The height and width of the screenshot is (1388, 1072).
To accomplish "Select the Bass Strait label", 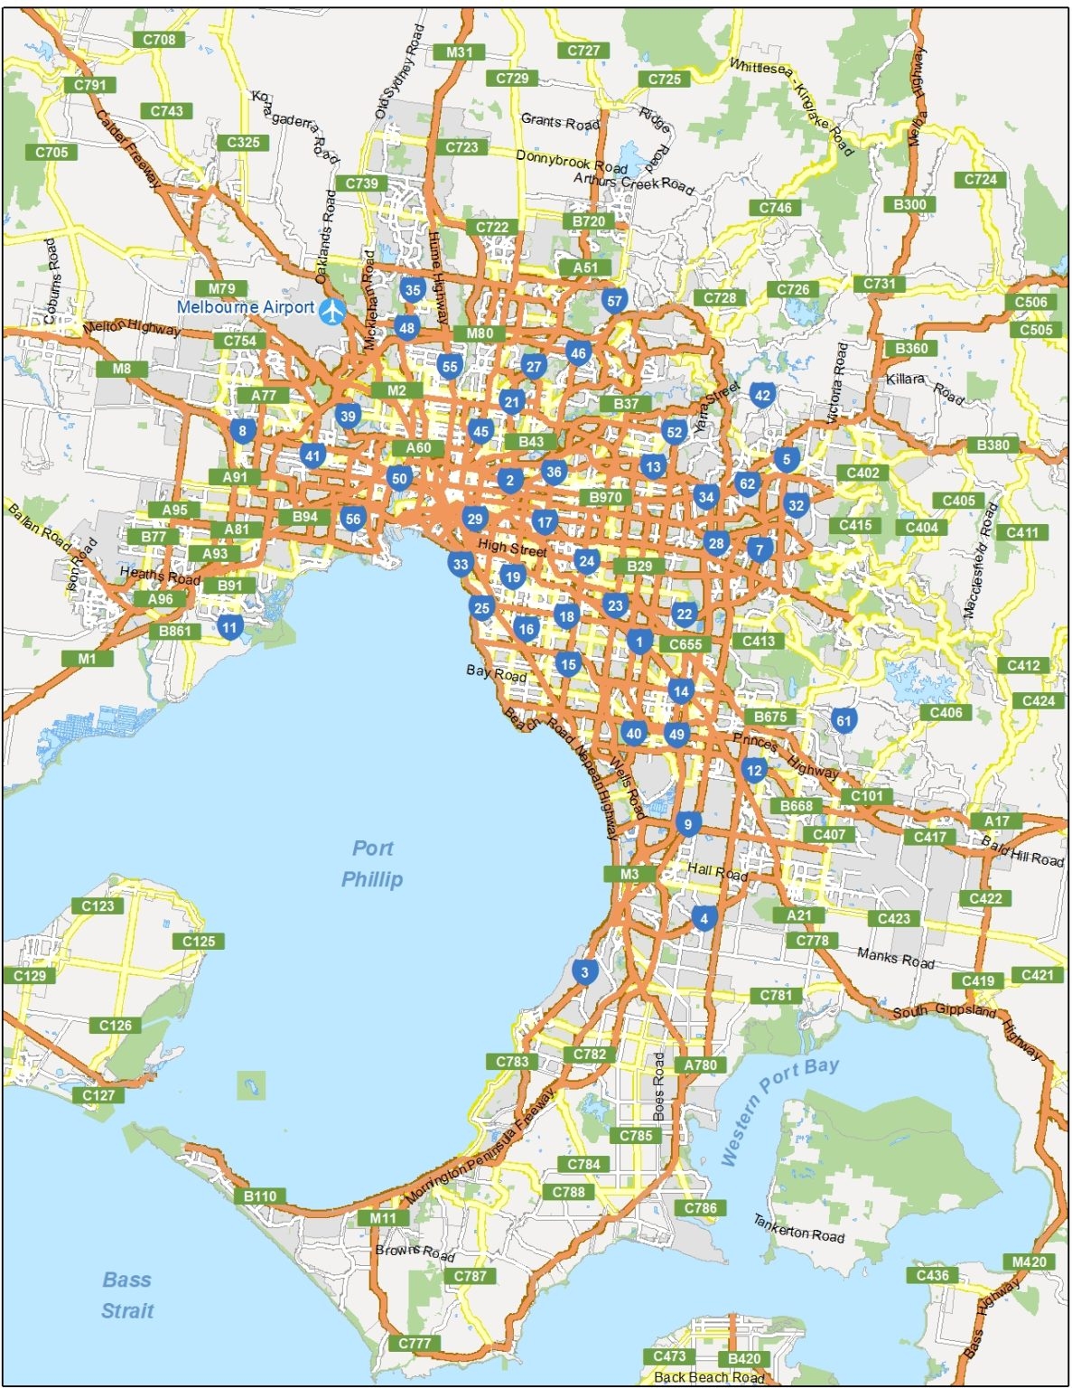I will click(126, 1295).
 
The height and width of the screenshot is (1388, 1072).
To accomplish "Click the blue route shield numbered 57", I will click(614, 301).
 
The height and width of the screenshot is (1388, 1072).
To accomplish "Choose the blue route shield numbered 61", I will click(844, 720).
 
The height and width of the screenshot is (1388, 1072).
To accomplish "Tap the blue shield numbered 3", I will click(584, 972).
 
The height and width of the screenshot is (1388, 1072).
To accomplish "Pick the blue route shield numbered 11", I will click(229, 627).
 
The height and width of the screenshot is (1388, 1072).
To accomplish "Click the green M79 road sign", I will click(221, 289).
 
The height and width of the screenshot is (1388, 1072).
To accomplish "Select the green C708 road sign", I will click(160, 40).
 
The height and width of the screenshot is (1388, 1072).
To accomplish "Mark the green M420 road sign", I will click(1029, 1262).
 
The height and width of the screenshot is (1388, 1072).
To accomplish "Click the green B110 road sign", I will click(260, 1196).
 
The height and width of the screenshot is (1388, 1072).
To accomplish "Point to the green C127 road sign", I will click(98, 1095).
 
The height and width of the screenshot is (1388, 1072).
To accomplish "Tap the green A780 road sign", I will click(700, 1064).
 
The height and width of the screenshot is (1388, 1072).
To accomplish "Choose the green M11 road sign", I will click(383, 1217).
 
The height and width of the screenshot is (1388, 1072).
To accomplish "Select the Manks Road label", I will click(895, 958).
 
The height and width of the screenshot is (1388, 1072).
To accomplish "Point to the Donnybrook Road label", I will click(571, 162).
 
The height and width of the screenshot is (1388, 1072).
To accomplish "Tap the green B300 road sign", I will click(909, 204).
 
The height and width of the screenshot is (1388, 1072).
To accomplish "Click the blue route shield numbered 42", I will click(762, 395).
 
